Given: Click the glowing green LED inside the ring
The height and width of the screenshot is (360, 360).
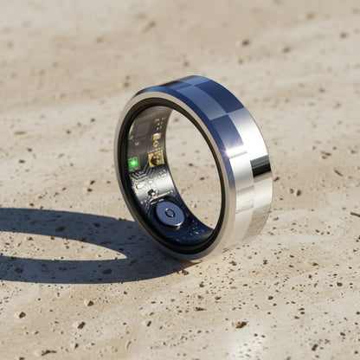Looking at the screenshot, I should [x=133, y=163].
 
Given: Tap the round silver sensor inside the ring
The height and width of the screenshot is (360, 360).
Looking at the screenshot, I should [x=169, y=213].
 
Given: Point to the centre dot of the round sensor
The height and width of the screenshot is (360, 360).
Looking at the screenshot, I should [x=169, y=212].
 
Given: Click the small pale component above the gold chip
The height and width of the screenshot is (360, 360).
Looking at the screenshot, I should [x=156, y=138].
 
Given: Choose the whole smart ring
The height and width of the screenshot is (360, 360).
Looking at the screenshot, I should [x=192, y=169].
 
